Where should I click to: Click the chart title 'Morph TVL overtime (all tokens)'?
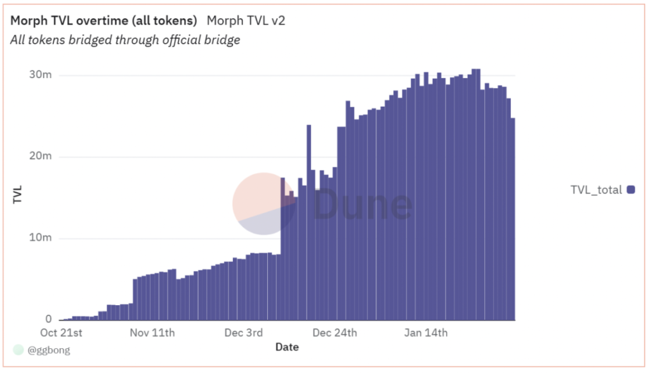click(x=103, y=20)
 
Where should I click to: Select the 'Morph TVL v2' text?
click(x=246, y=20)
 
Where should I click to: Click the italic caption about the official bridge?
click(x=125, y=40)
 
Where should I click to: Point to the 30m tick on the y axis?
click(x=40, y=75)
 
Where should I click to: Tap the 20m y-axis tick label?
click(x=40, y=157)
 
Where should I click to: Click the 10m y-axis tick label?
click(x=40, y=238)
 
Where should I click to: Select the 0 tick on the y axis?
click(x=48, y=319)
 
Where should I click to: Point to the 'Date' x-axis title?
click(x=287, y=347)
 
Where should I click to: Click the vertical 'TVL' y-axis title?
click(x=18, y=195)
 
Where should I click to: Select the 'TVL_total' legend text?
click(x=596, y=190)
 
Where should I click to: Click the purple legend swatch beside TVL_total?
click(x=630, y=190)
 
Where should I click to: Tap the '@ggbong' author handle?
click(x=49, y=350)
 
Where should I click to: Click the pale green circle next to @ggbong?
click(x=18, y=350)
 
